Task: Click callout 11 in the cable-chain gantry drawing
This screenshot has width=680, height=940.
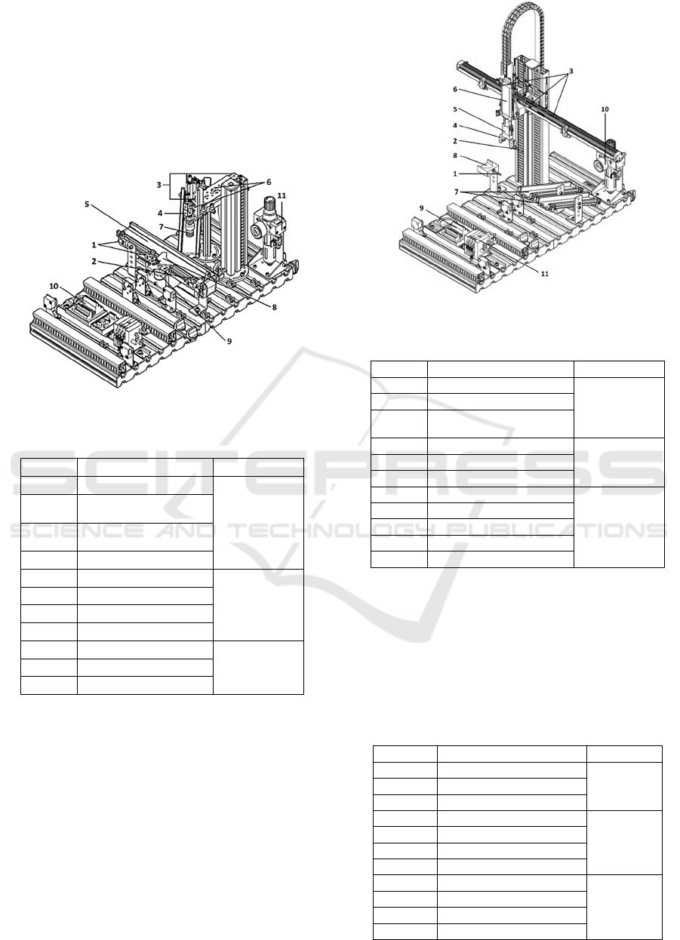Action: click(x=544, y=274)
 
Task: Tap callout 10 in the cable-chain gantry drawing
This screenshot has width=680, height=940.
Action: click(x=605, y=109)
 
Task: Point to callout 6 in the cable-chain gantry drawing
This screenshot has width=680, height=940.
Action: click(x=455, y=89)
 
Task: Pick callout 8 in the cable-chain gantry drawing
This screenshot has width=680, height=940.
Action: click(x=455, y=155)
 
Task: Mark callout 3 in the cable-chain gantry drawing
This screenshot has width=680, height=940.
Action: click(x=571, y=71)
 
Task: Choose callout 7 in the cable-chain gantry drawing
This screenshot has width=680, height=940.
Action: click(x=457, y=192)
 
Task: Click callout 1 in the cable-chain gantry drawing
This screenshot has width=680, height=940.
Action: click(x=455, y=174)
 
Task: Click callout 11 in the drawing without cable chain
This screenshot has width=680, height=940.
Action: click(x=282, y=195)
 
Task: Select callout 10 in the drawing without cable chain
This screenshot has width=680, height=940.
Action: click(x=54, y=286)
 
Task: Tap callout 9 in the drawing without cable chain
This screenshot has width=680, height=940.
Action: click(x=229, y=341)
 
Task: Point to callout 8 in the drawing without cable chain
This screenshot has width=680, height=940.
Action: click(x=274, y=307)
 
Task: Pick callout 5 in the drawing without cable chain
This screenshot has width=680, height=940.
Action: click(x=87, y=204)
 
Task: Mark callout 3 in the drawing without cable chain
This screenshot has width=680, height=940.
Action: click(x=158, y=185)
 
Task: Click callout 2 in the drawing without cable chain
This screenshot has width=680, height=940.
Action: click(x=94, y=262)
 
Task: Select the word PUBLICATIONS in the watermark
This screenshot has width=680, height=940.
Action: click(x=551, y=530)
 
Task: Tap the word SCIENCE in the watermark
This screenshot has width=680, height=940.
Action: click(x=76, y=530)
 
